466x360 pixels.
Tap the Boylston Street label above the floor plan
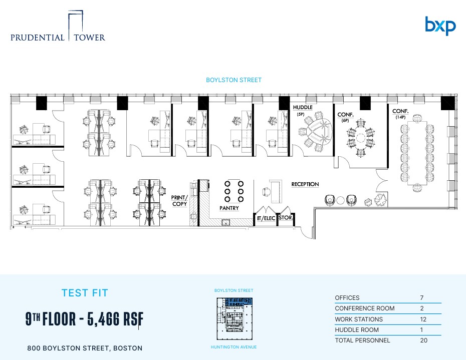[x=234, y=80]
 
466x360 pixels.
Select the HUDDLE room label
[x=303, y=107]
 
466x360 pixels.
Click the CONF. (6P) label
[x=346, y=115]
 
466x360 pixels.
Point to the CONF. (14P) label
[x=400, y=112]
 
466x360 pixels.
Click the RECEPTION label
[x=305, y=184]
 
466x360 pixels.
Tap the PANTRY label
[x=229, y=208]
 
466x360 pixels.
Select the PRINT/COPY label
[x=179, y=200]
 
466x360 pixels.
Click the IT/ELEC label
[x=266, y=218]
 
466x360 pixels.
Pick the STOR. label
[x=286, y=218]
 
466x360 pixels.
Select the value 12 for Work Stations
[x=422, y=319]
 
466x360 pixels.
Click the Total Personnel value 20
[x=422, y=340]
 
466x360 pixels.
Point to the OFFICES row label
[x=347, y=298]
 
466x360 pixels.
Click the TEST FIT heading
[x=84, y=293]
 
